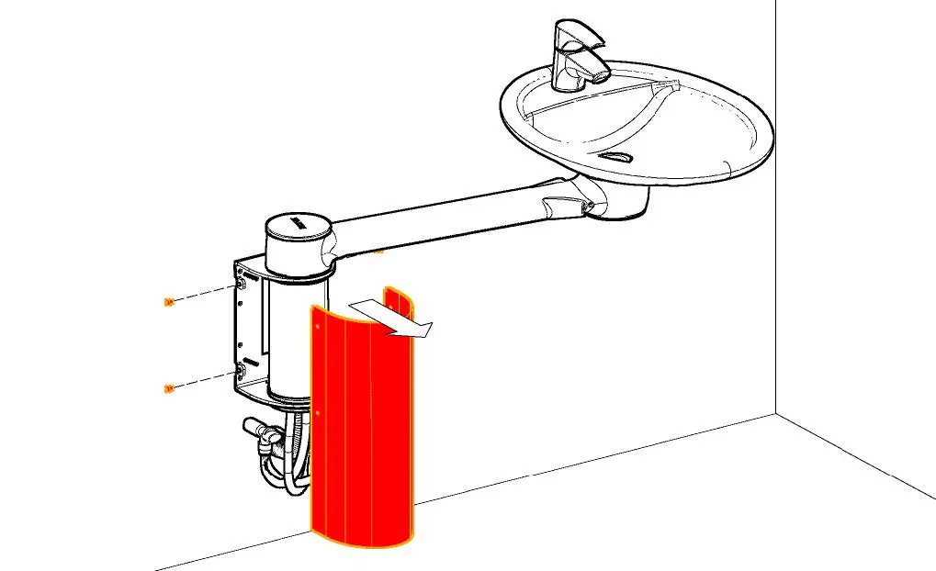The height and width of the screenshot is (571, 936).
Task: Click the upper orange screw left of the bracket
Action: tap(168, 302)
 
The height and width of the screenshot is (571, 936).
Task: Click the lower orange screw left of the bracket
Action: tap(168, 389)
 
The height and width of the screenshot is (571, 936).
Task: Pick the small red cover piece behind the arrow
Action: tap(398, 299)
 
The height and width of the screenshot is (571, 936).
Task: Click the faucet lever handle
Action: tap(579, 37)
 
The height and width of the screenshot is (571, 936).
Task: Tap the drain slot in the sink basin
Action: tap(620, 157)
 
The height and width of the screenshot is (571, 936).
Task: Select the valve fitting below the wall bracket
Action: tap(261, 431)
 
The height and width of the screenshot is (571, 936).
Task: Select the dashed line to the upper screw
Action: tap(203, 294)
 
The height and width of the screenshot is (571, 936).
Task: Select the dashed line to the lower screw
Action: tap(203, 380)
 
